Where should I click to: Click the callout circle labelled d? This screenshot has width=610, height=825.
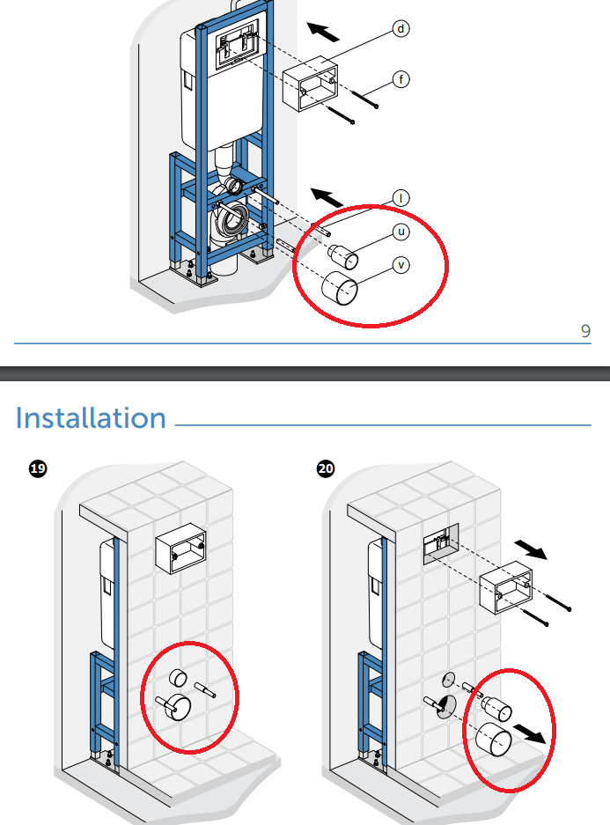[x=401, y=29]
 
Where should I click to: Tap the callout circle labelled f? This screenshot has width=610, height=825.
[x=401, y=80]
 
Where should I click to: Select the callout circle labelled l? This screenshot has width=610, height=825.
[x=401, y=198]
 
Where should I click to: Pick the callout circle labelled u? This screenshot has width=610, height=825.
[x=401, y=232]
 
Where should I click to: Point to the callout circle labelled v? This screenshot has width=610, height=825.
[x=401, y=264]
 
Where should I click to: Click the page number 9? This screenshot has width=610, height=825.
[x=585, y=331]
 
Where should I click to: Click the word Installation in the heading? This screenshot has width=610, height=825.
[x=91, y=417]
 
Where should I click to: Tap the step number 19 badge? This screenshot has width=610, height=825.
[x=38, y=469]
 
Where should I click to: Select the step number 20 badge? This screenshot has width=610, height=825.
[x=326, y=469]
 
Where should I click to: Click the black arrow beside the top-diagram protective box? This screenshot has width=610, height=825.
[x=324, y=33]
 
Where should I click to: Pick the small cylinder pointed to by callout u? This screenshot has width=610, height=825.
[x=342, y=257]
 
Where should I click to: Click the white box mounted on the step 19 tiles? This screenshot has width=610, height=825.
[x=180, y=552]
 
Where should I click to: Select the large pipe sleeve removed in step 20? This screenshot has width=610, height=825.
[x=492, y=740]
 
